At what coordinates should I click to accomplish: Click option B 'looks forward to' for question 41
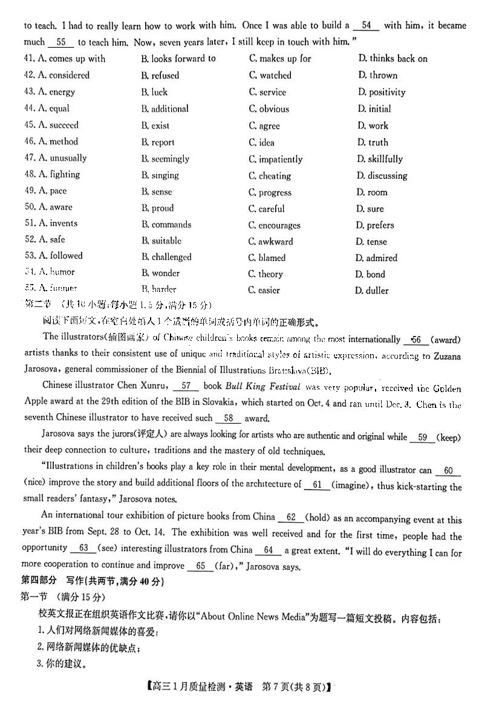(178, 59)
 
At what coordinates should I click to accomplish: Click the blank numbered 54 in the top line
(366, 26)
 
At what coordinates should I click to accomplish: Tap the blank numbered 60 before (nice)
(448, 471)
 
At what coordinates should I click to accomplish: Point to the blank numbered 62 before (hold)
(292, 517)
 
